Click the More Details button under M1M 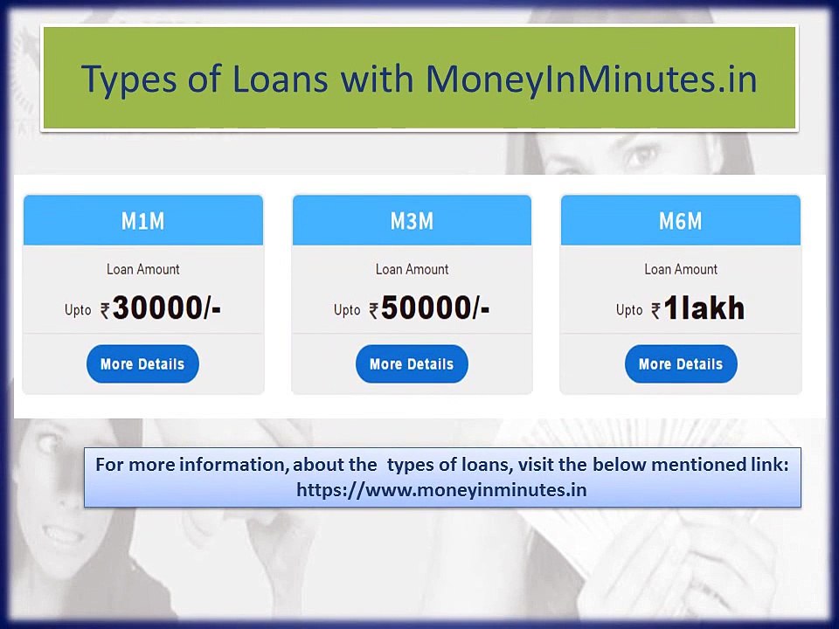[142, 364]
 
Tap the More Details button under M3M [412, 364]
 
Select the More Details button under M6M [681, 364]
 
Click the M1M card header [142, 221]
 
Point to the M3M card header [412, 221]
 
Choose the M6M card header [681, 221]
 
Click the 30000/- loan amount [166, 308]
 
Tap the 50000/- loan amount [435, 308]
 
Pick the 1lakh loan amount [704, 308]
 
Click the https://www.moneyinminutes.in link [441, 490]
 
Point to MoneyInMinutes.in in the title [591, 79]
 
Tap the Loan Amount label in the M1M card [142, 269]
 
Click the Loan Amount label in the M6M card [681, 269]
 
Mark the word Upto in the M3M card [347, 310]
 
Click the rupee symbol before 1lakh [655, 310]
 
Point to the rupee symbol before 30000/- [105, 310]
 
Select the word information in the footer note [232, 465]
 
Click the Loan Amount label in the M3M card [412, 269]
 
